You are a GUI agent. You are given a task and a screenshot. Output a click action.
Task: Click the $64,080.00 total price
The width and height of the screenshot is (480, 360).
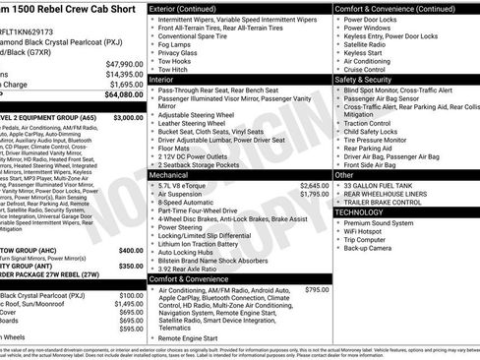122,95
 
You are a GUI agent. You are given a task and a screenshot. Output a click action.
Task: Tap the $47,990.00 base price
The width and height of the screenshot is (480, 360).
123,63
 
